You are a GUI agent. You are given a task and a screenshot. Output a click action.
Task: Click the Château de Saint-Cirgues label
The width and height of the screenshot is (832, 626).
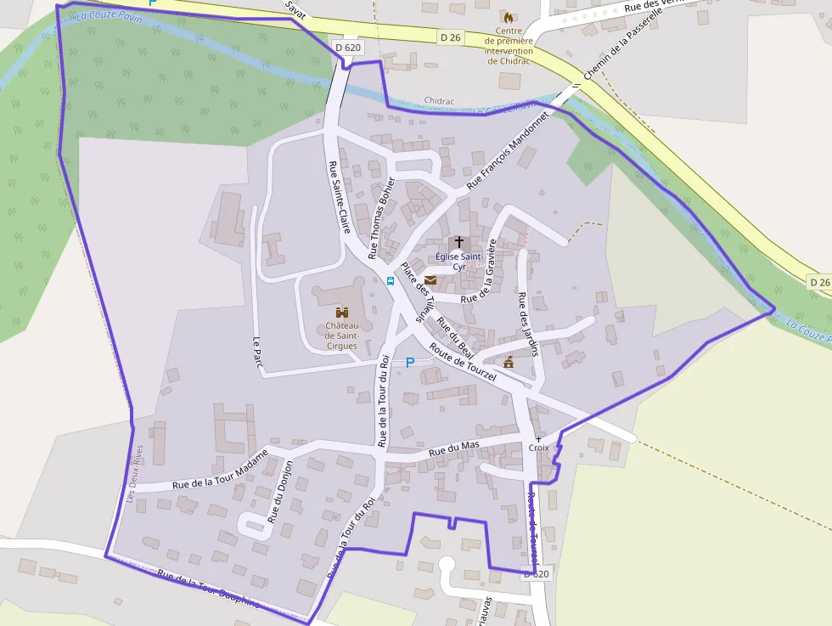coord(342,336)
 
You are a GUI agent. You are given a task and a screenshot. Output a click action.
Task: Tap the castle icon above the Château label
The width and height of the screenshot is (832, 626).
coord(342,313)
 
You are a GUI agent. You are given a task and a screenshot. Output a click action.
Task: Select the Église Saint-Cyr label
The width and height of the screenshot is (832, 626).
coord(459,261)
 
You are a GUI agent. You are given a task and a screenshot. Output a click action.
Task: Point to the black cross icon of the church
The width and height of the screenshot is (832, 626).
coord(459,242)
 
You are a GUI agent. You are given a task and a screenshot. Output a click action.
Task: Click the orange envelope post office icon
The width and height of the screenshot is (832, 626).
coord(430,280)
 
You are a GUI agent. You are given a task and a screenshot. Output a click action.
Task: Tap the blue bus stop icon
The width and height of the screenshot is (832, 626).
coord(391,280)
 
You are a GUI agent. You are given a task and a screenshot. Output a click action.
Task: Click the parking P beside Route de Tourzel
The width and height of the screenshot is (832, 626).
coord(409,363)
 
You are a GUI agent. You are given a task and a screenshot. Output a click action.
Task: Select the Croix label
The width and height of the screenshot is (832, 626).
coord(539,448)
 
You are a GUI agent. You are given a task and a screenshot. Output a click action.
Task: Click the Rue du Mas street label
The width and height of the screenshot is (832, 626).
coord(454,448)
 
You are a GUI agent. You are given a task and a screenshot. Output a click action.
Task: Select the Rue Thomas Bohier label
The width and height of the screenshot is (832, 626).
coord(381,217)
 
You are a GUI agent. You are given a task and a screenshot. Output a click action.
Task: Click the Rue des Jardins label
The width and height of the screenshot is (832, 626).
coord(529,324)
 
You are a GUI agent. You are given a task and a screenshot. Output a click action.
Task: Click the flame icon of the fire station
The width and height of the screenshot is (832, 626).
coord(509,17)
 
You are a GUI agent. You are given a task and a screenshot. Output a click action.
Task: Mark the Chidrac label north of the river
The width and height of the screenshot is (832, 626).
coord(439,101)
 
